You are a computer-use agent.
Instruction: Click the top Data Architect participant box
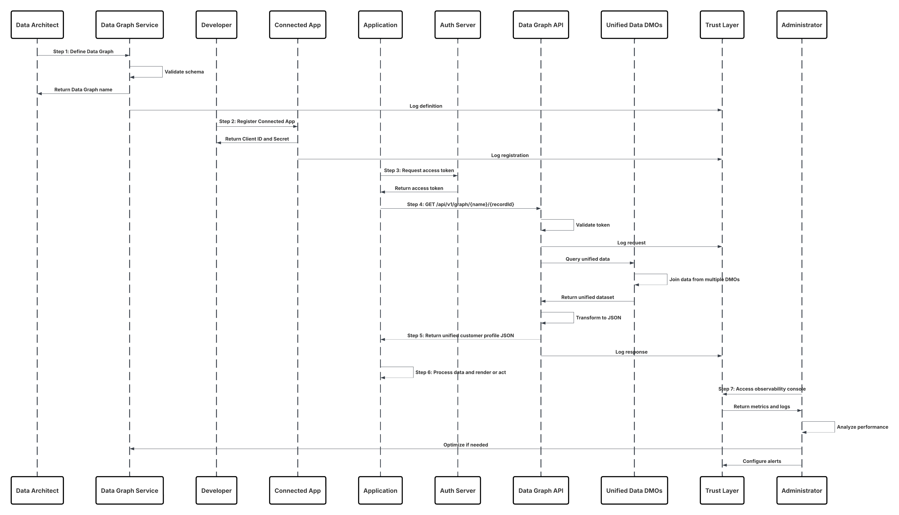(x=37, y=25)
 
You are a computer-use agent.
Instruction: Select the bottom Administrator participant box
(x=802, y=490)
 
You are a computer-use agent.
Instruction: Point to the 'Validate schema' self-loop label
(x=184, y=72)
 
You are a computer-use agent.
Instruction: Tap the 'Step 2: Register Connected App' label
(x=257, y=121)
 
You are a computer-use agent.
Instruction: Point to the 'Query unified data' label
(x=587, y=259)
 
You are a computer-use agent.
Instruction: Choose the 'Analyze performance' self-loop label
(x=862, y=427)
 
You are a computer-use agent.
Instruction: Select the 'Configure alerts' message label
(x=761, y=461)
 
